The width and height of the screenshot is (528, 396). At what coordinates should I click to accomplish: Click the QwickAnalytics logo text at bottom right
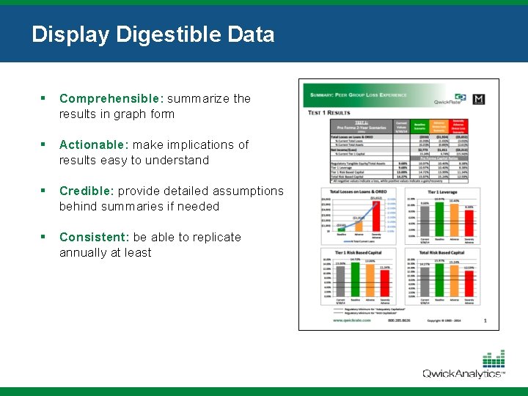coord(463,374)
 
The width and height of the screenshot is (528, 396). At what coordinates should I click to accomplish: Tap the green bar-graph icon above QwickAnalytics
coord(494,359)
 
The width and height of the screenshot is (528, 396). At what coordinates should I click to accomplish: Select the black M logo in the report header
coord(480,100)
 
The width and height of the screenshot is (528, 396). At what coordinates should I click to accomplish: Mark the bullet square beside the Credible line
coord(44,191)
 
